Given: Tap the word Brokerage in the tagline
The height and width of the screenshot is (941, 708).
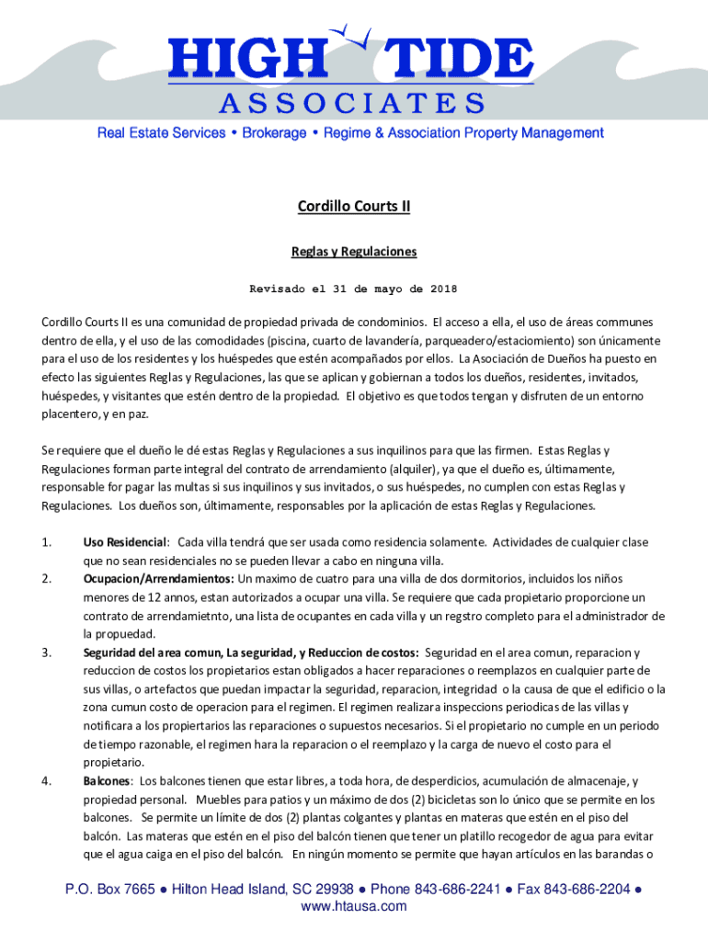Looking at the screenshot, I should pyautogui.click(x=274, y=133).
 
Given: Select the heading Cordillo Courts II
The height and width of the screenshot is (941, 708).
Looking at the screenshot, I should pyautogui.click(x=354, y=207).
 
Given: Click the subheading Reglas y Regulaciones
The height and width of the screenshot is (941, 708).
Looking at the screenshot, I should pyautogui.click(x=354, y=251).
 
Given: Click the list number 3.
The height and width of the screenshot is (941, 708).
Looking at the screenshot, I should pyautogui.click(x=46, y=652).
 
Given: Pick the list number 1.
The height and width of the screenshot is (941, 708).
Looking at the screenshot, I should pyautogui.click(x=46, y=542).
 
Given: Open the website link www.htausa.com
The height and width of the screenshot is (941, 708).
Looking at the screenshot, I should pyautogui.click(x=354, y=907).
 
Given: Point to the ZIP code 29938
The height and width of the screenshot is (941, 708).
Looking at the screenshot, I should pyautogui.click(x=333, y=890).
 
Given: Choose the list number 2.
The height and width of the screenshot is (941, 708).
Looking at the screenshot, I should pyautogui.click(x=46, y=579).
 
